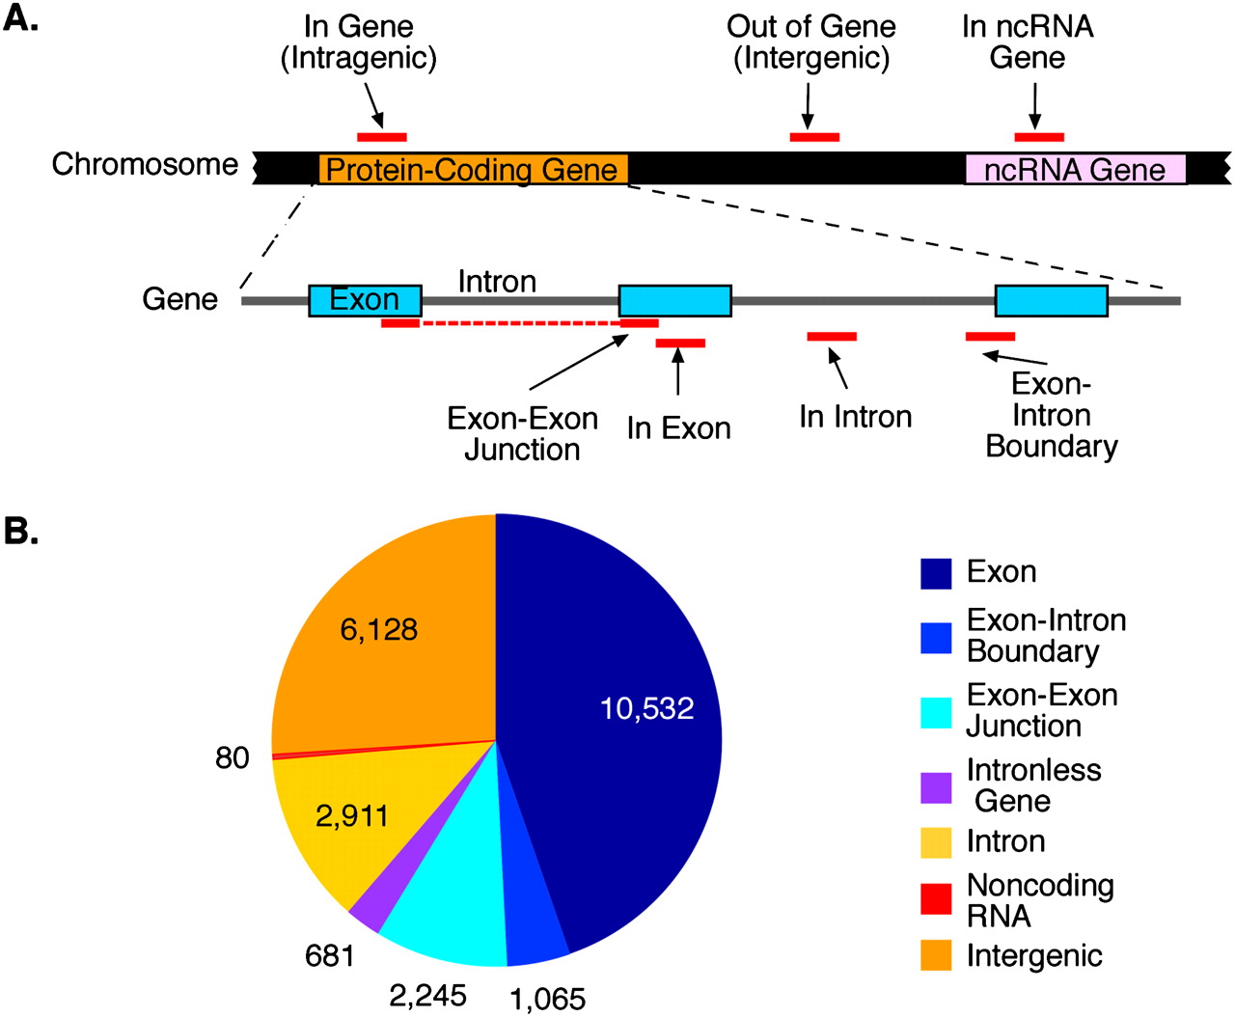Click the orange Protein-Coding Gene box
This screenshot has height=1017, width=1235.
473,170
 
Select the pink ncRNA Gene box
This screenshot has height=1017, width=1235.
1075,170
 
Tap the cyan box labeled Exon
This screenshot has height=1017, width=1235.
365,300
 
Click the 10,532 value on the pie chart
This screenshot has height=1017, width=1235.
646,709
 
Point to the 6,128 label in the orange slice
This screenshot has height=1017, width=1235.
379,630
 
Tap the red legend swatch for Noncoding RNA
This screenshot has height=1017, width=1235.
936,899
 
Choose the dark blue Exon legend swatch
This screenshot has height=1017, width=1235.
936,572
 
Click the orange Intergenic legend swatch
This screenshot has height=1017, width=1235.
936,955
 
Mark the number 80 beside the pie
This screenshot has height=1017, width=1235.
233,758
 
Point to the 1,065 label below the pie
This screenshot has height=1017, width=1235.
547,1000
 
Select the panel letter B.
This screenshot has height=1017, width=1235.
21,530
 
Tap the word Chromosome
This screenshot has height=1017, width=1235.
145,165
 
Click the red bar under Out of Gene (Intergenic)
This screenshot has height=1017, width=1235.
814,137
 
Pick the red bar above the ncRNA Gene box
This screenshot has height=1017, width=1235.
1039,137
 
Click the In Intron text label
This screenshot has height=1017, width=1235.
855,417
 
